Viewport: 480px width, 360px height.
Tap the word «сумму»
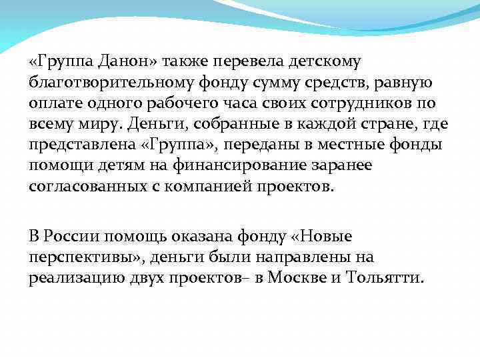[267, 83]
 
